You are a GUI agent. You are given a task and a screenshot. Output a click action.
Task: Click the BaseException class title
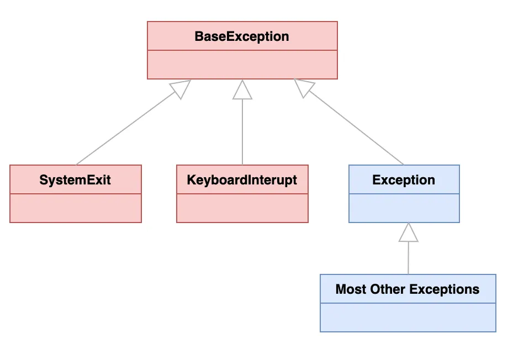tap(242, 36)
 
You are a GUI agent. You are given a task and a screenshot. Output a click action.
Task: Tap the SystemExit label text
tap(75, 180)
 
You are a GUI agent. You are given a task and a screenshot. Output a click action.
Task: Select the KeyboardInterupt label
tap(242, 180)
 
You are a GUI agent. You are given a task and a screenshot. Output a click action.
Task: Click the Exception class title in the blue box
tap(404, 180)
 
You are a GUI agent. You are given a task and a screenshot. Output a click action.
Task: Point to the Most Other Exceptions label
tap(408, 289)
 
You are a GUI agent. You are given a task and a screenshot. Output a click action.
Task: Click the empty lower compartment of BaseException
tap(242, 65)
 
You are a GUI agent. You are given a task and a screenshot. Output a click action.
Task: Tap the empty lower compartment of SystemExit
tap(75, 208)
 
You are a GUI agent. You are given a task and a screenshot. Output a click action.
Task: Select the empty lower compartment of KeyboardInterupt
tap(242, 208)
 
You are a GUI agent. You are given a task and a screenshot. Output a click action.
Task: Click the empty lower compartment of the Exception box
tap(404, 208)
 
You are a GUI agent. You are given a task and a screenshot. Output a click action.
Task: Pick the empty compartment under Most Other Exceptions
tap(408, 317)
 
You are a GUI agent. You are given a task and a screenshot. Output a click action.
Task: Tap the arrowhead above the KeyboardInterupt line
tap(242, 90)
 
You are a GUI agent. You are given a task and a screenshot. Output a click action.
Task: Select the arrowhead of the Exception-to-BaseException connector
tap(304, 88)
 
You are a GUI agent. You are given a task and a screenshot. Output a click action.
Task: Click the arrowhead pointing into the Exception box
tap(409, 232)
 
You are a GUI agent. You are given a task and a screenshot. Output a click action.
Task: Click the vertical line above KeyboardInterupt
tap(242, 133)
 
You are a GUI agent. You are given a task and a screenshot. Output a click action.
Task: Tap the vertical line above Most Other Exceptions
tap(409, 258)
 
